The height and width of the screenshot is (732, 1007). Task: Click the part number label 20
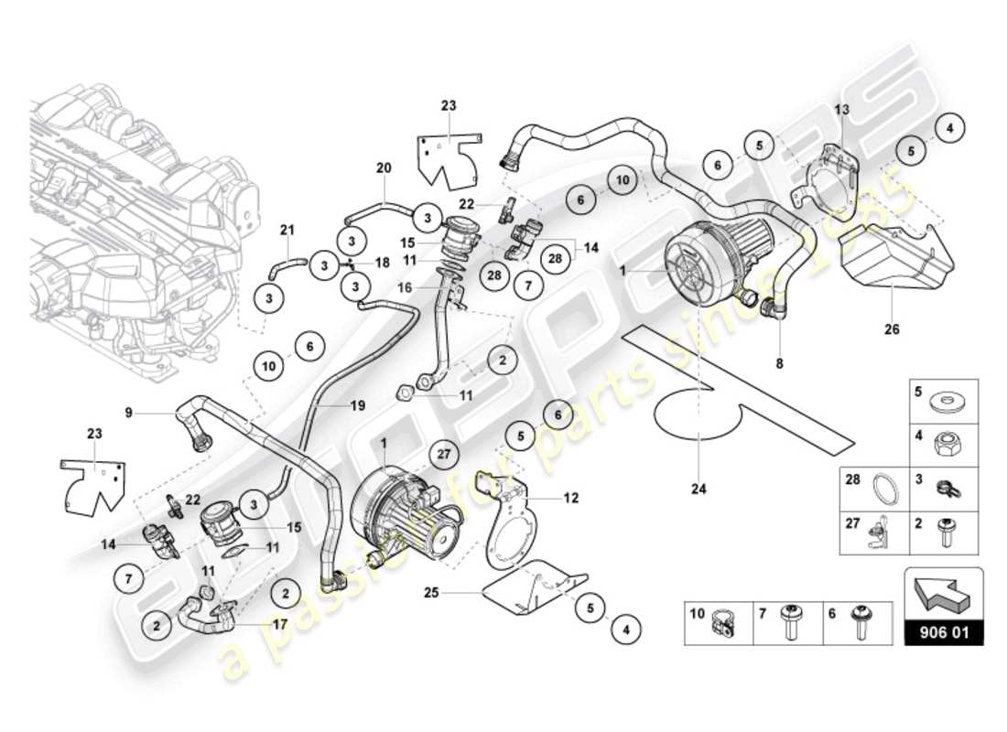click(384, 167)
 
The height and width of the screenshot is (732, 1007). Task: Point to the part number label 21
click(287, 229)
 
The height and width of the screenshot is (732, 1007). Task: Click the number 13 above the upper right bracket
click(841, 110)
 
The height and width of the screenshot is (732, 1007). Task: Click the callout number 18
click(384, 262)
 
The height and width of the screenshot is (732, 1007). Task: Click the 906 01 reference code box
click(944, 631)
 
